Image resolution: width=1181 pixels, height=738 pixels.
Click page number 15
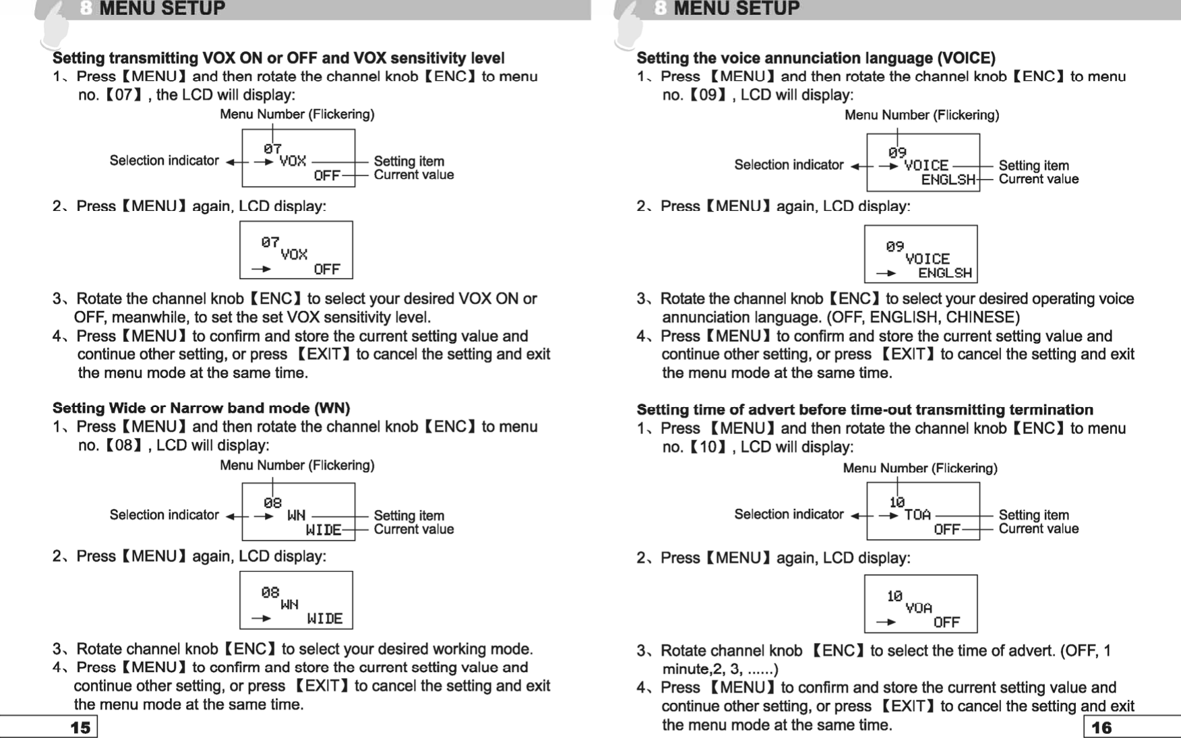80,727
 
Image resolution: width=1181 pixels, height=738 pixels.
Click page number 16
1101,727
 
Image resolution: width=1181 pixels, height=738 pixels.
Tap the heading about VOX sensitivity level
278,58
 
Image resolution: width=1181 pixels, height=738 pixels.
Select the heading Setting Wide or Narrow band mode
201,408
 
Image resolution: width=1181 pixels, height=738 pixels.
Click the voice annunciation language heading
816,58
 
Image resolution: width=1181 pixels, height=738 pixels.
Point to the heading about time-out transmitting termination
865,410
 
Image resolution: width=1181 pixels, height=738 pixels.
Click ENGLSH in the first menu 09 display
948,179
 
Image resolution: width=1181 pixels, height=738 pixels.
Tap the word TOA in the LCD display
917,515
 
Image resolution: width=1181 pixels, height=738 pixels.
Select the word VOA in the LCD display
919,608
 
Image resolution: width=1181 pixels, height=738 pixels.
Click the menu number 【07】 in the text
124,95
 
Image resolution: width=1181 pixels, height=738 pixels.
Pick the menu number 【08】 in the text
124,445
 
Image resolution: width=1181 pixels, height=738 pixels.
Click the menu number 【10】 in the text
708,447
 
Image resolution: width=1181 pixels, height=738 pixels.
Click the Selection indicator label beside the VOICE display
789,165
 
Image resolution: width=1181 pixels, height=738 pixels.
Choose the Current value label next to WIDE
413,530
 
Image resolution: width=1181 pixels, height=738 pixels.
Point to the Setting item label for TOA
1033,515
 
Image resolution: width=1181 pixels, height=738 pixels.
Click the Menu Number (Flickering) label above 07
297,115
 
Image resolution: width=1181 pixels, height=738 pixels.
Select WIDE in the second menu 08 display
325,619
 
